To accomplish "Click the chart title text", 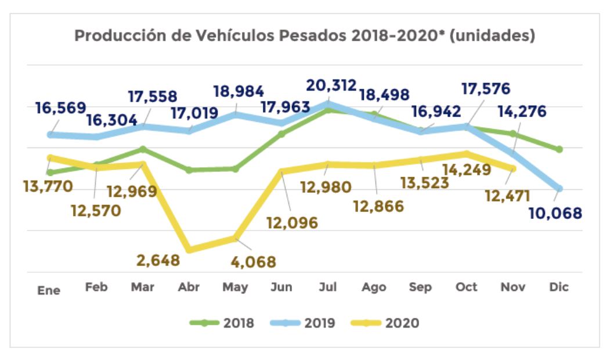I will point(305,36).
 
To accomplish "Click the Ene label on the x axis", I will point(49,290).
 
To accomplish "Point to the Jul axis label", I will point(328,287).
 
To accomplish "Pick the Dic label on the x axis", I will point(559,287).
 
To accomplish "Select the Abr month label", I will point(189,287).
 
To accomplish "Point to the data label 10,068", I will point(555,213).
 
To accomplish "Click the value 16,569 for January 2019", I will point(60,108).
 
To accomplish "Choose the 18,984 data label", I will point(239,91).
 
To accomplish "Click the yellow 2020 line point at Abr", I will point(189,250).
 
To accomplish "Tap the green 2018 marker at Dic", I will point(559,149).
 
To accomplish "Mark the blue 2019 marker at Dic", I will point(559,188).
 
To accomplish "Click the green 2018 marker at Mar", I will point(143,149).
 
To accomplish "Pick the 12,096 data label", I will point(292,222).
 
